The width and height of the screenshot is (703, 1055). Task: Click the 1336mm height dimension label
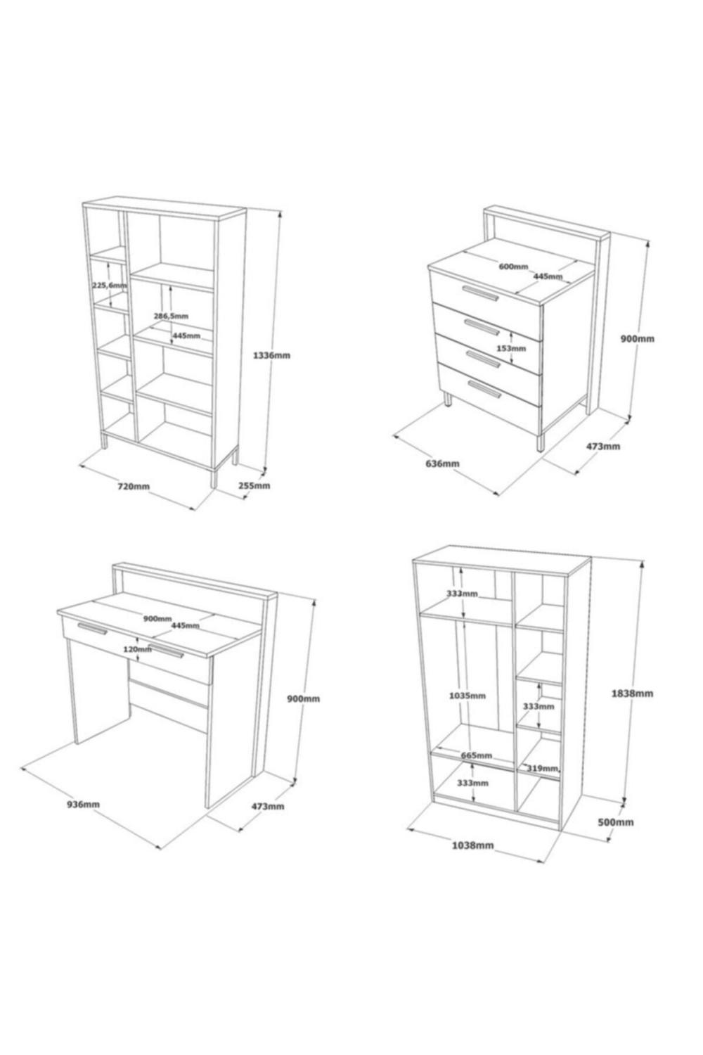pos(271,355)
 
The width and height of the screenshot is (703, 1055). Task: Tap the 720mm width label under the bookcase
pos(134,485)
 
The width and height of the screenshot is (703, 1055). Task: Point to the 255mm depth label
pos(254,485)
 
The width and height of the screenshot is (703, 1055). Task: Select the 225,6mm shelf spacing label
pos(110,285)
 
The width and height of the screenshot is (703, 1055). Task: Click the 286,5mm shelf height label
pos(171,316)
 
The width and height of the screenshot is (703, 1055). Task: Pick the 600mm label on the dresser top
pos(513,267)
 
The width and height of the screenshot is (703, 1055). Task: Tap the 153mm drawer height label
pos(511,348)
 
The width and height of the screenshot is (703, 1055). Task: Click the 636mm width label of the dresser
pos(442,463)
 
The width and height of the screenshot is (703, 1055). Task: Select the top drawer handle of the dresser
pos(479,293)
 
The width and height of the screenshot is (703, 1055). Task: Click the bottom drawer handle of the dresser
pos(484,388)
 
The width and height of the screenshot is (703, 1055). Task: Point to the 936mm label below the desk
pos(84,804)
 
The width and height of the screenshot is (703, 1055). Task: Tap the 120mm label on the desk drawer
pos(138,649)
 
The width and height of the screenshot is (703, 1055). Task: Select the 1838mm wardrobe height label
pos(632,693)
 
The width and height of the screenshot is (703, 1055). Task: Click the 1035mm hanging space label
pos(467,695)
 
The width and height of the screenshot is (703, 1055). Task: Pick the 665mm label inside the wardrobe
pos(477,755)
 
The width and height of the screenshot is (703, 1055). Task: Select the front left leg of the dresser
pos(448,399)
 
